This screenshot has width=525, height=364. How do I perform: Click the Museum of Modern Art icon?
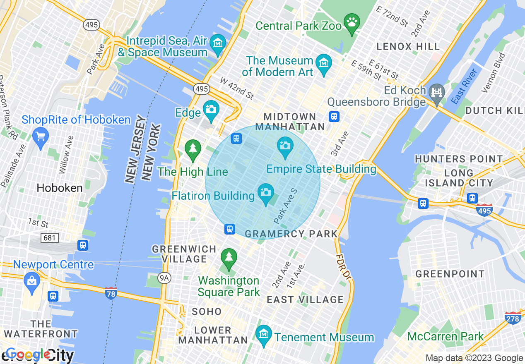click(x=324, y=63)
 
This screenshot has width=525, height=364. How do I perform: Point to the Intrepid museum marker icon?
click(x=217, y=43)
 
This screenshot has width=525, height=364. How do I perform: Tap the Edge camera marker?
click(x=211, y=110)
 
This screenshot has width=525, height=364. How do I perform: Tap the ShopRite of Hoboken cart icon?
click(x=41, y=136)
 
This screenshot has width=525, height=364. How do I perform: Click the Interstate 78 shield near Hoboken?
click(x=111, y=292)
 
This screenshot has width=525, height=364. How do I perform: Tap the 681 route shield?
click(x=50, y=237)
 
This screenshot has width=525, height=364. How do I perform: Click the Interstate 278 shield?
click(x=513, y=318)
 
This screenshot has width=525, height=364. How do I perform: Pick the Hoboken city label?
click(x=60, y=188)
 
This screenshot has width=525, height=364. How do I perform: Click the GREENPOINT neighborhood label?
click(x=450, y=274)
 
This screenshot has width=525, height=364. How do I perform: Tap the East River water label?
click(x=464, y=86)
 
